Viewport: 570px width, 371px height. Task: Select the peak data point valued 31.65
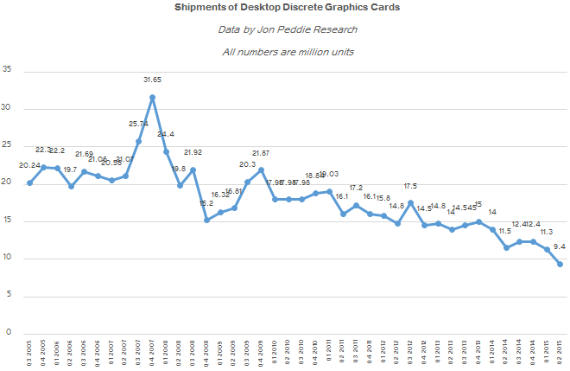(x=152, y=98)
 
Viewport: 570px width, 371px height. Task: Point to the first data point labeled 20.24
(x=30, y=182)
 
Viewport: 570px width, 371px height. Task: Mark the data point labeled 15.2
(x=206, y=220)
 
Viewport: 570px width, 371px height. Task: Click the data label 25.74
(x=139, y=124)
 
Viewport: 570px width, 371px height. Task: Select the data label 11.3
(x=547, y=231)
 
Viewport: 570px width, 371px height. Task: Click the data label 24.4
(x=166, y=134)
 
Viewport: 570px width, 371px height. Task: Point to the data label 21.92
(x=193, y=152)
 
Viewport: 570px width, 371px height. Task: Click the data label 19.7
(x=71, y=170)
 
